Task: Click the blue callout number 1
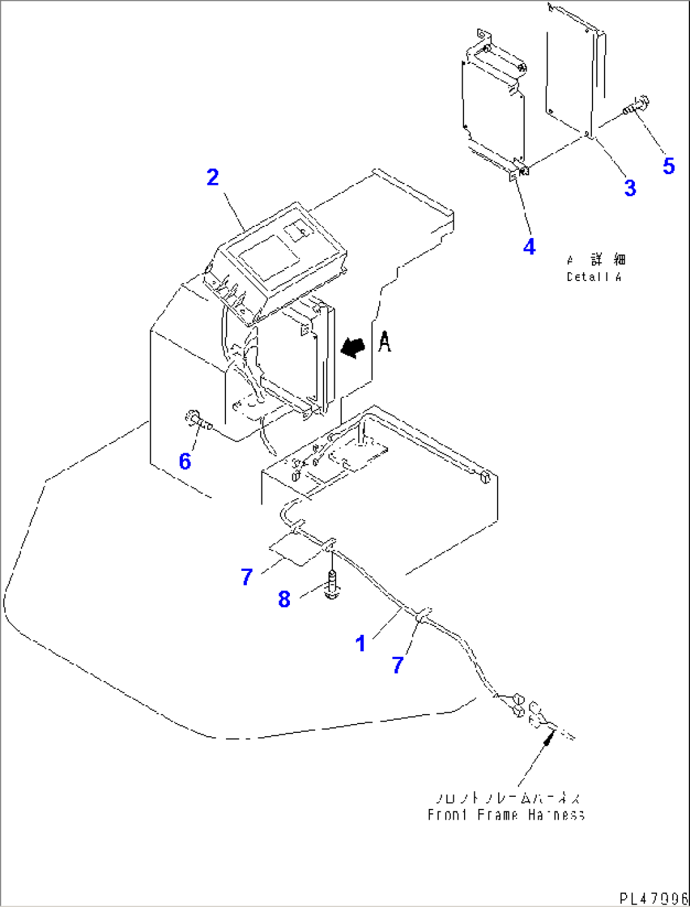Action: [x=361, y=644]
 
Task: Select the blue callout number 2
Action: [x=213, y=177]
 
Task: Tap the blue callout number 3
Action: [x=630, y=188]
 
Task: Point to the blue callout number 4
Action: [x=529, y=247]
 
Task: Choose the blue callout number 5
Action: [x=668, y=166]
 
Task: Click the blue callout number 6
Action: [x=185, y=461]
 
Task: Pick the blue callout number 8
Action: [x=284, y=599]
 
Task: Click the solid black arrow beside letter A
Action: [x=353, y=347]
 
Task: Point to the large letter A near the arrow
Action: [x=384, y=342]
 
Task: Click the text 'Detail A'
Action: [x=594, y=277]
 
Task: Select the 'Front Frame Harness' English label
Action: [x=506, y=815]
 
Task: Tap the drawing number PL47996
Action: [x=653, y=898]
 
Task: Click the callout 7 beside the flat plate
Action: [x=247, y=577]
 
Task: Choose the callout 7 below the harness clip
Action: [x=398, y=665]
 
